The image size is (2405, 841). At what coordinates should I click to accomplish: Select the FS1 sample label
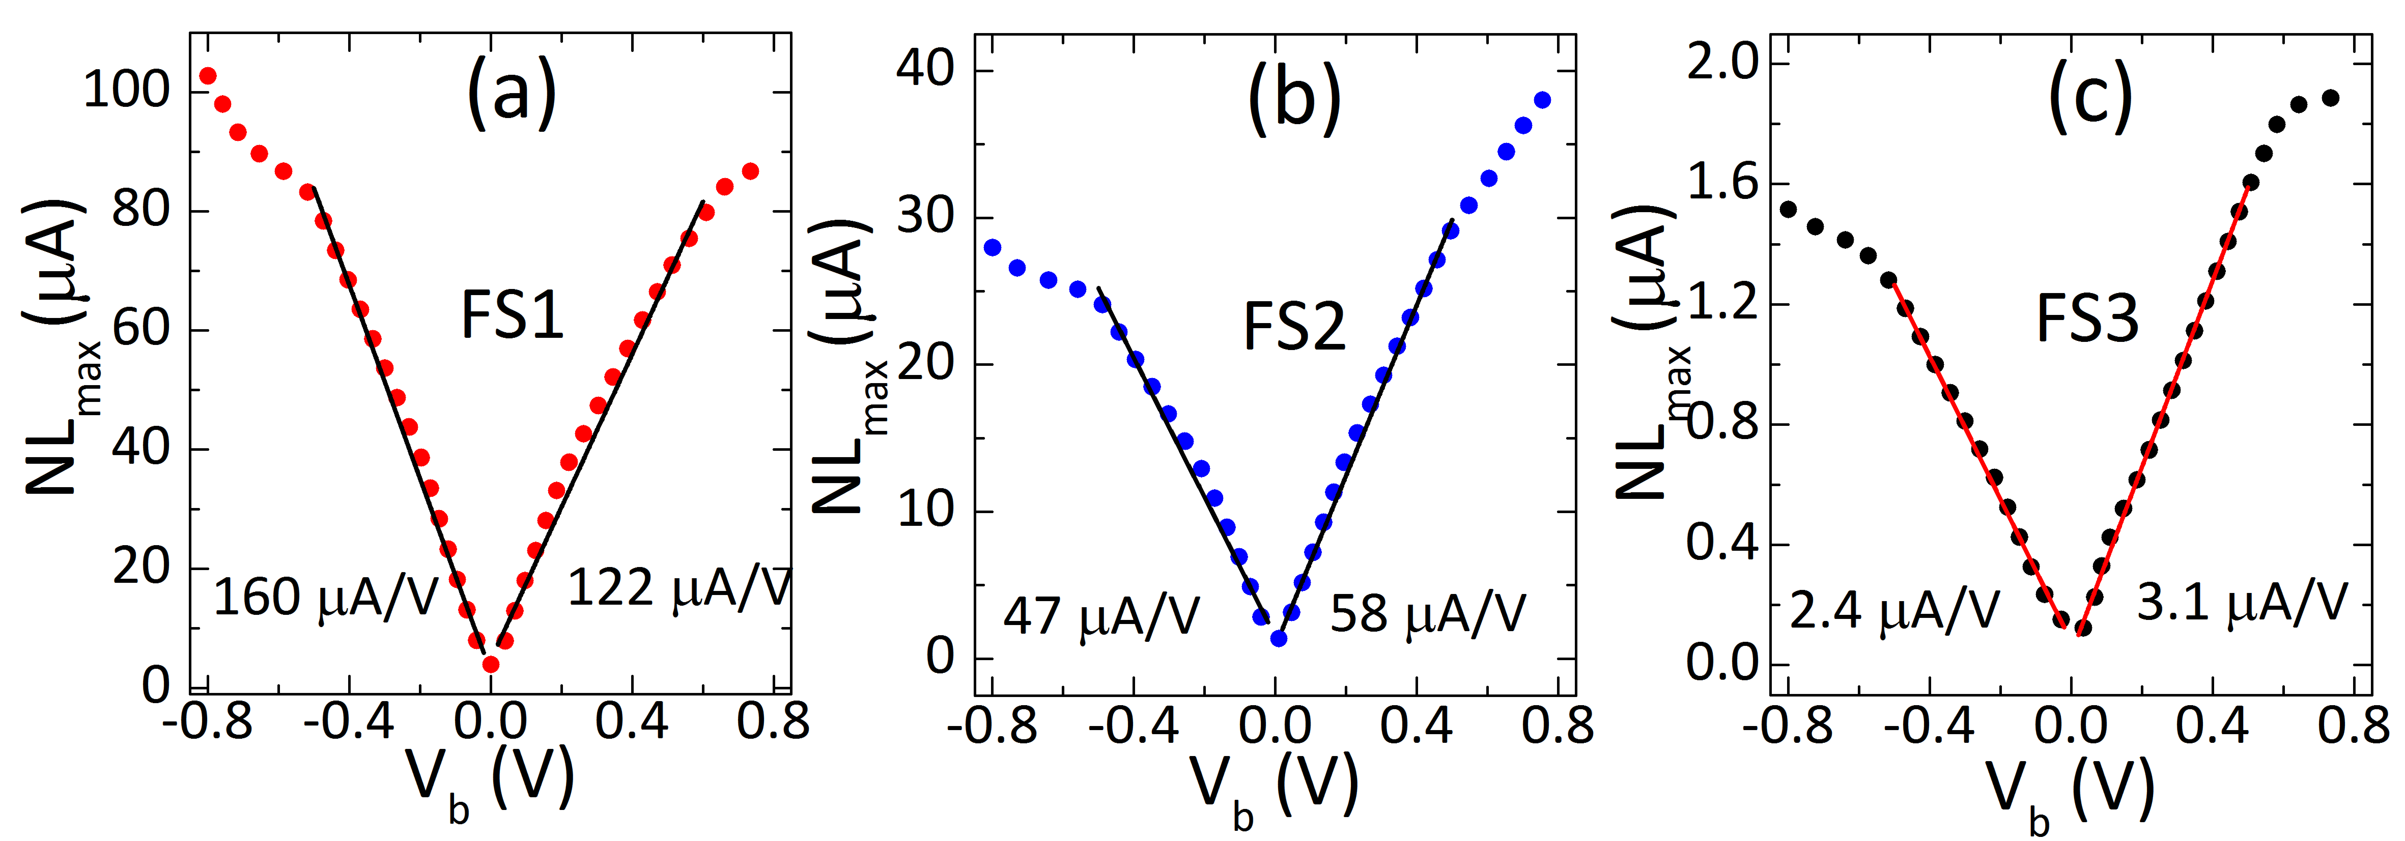tap(513, 315)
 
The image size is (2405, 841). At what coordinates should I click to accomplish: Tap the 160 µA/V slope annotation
tap(325, 597)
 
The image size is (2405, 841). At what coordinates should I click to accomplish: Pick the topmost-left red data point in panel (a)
tap(207, 76)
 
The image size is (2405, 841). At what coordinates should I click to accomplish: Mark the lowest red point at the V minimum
tap(490, 665)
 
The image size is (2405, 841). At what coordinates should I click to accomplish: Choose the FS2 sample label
tap(1294, 327)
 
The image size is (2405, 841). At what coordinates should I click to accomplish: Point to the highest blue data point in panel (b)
tap(1542, 100)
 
